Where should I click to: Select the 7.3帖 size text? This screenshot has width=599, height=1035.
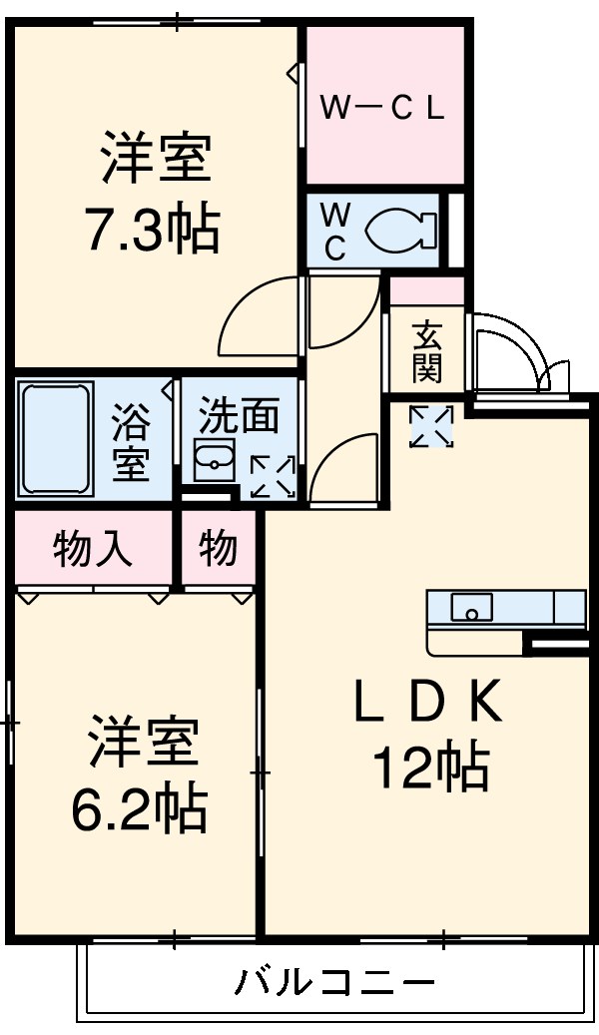152,229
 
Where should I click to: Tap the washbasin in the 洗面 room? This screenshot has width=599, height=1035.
215,458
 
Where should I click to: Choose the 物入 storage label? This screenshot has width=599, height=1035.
92,549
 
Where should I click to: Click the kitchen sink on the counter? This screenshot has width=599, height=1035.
470,605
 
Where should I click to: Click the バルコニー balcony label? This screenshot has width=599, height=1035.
335,984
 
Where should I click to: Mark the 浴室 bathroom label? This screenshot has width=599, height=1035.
130,441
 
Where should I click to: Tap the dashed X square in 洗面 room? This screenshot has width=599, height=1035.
272,476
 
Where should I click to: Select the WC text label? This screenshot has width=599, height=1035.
336,231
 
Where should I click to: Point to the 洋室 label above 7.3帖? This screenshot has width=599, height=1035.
155,163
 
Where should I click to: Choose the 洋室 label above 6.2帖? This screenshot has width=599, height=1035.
143,744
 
